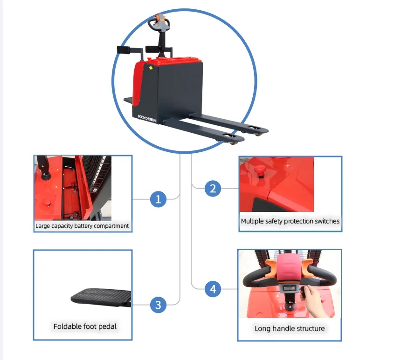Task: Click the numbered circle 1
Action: click(159, 199)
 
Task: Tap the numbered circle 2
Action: click(213, 189)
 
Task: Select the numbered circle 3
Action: click(159, 305)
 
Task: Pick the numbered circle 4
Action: click(213, 289)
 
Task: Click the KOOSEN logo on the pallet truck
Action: click(147, 118)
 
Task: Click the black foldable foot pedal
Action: click(101, 298)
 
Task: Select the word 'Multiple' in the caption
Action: click(252, 221)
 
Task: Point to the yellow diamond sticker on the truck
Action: click(151, 68)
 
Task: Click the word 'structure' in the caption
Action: click(311, 328)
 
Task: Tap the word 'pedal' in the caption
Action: click(107, 326)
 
